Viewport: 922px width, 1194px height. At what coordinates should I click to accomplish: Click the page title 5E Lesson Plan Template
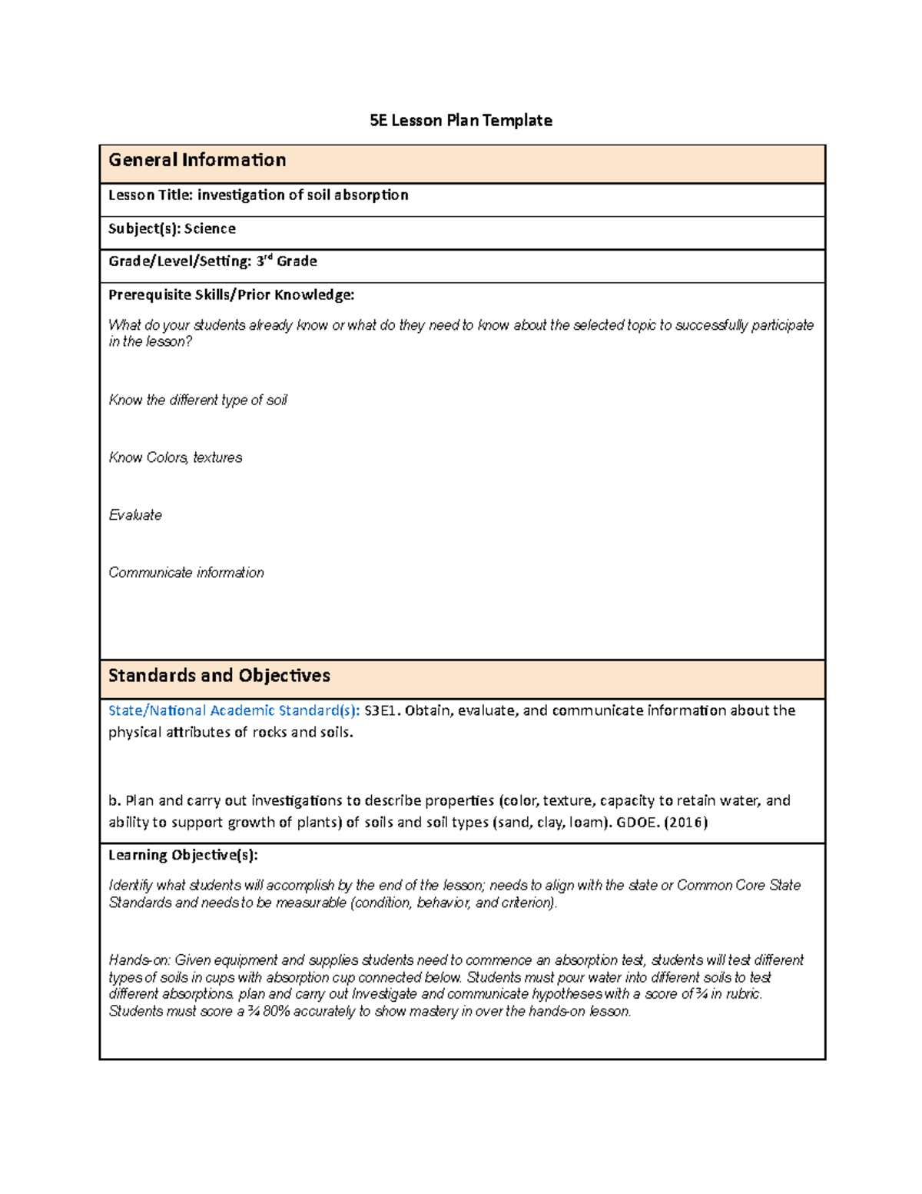(460, 120)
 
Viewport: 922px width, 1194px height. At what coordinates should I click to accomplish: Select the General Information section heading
(197, 160)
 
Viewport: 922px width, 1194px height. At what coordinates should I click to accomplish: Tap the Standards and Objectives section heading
(219, 675)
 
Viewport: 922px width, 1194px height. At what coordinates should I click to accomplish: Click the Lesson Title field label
(151, 195)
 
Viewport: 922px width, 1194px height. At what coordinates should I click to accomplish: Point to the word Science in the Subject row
(210, 228)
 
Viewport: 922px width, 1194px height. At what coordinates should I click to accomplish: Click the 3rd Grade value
(286, 261)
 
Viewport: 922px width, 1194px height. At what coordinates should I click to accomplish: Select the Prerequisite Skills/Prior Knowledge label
(231, 294)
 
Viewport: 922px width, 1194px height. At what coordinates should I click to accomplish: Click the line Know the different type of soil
(197, 400)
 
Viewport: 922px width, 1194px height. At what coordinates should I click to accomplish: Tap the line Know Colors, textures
(175, 457)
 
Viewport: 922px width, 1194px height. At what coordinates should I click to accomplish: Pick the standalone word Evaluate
(135, 515)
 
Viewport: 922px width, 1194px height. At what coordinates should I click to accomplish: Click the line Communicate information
(186, 573)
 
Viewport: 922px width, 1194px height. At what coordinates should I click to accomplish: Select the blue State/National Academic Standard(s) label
(234, 710)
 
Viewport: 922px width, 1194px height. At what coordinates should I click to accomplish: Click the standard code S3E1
(382, 710)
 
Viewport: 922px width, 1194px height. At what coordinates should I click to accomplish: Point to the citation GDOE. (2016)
(662, 822)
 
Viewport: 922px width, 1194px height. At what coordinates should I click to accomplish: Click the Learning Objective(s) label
(183, 855)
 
